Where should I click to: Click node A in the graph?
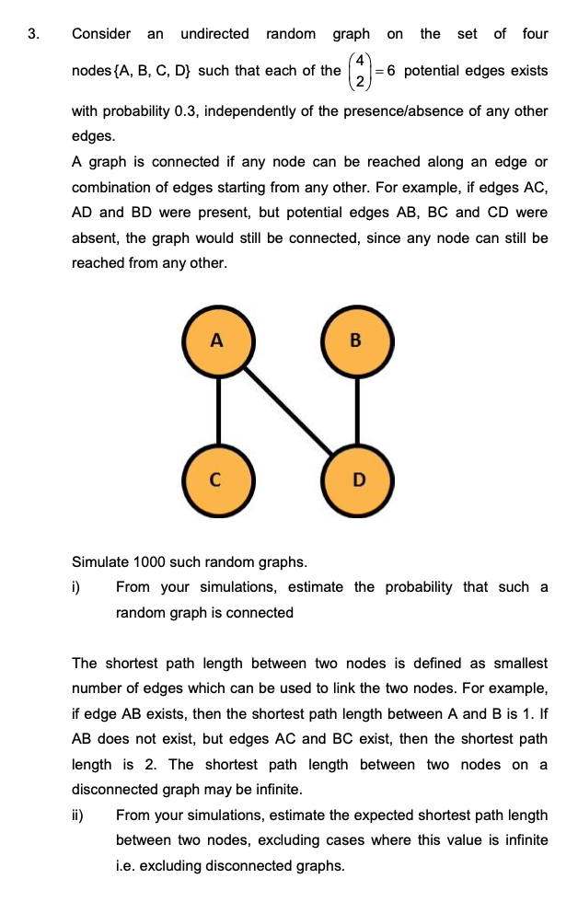coord(217,341)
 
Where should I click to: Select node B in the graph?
coord(357,341)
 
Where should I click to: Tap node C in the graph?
coord(217,480)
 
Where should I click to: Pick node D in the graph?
coord(357,480)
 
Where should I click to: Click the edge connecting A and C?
coord(217,410)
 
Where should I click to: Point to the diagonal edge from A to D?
coord(287,410)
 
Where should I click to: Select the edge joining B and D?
coord(357,410)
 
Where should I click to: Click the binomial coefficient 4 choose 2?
coord(362,72)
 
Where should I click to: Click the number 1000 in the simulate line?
coord(153,561)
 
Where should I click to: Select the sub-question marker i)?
coord(77,587)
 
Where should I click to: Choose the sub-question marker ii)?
coord(78,815)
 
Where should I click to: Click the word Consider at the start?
coord(101,34)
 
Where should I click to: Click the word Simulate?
coord(100,561)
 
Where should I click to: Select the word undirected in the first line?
coord(214,34)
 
